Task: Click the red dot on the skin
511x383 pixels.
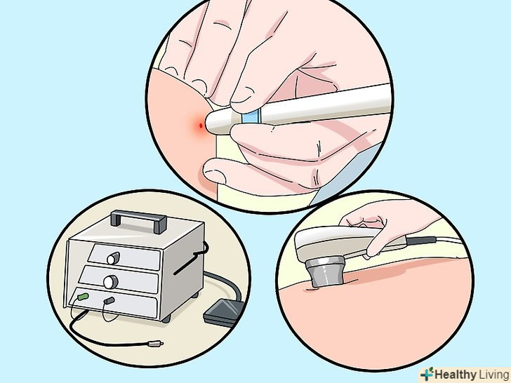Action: (x=201, y=126)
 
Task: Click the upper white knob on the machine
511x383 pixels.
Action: (x=112, y=258)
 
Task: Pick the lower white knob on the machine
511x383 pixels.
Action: (x=110, y=282)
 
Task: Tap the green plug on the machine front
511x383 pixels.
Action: (x=83, y=297)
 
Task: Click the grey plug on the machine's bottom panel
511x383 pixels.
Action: (x=109, y=301)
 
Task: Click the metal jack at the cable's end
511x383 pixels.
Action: (x=155, y=343)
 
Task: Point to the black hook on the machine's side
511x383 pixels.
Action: (x=192, y=258)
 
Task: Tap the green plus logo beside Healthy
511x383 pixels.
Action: (x=427, y=374)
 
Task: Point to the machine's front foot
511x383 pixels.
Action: (x=166, y=318)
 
